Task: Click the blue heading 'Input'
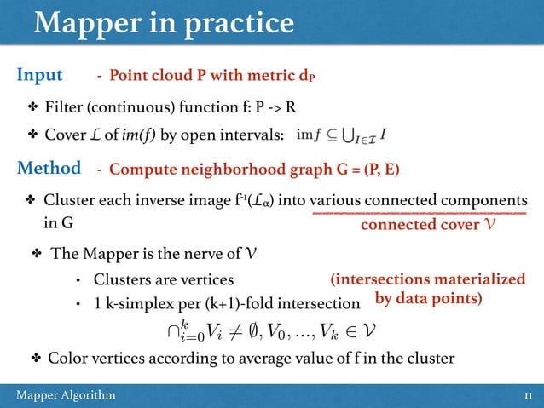click(x=40, y=75)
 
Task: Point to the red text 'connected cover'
click(x=415, y=227)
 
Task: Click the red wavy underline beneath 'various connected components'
click(x=418, y=214)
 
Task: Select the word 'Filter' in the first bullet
click(x=64, y=109)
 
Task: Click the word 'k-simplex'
click(x=137, y=302)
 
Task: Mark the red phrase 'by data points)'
click(x=429, y=299)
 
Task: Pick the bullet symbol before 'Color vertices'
click(x=35, y=359)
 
